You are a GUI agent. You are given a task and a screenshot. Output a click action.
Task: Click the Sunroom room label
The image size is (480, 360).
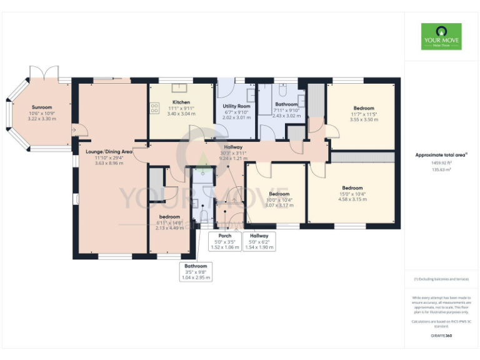pos(42,107)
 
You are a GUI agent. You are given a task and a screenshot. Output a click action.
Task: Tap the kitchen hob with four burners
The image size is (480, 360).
pos(154,108)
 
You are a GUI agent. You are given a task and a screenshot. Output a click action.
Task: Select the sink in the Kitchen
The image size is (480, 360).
pos(184,88)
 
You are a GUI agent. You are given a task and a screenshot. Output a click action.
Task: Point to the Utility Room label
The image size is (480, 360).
pos(236,106)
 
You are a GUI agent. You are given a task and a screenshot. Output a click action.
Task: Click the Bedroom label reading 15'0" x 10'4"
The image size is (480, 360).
pos(352,188)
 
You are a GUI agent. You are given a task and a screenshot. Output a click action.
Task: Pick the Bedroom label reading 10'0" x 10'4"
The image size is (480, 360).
pos(279,194)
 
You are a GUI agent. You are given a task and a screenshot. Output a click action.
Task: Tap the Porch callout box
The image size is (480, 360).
pos(224,241)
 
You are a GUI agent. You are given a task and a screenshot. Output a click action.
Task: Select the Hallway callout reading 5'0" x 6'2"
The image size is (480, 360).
pos(259,241)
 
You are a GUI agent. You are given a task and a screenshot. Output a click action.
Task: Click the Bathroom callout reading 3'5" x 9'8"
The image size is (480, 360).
pos(196,271)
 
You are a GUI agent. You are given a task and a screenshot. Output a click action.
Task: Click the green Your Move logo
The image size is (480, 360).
pos(441,37)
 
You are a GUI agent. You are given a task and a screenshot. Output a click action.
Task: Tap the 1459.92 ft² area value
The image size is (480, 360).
pos(441,162)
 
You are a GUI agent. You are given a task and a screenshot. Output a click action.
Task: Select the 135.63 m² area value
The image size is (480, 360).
pos(441,169)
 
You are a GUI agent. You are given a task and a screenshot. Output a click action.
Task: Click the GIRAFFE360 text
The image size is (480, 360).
pos(441,336)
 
